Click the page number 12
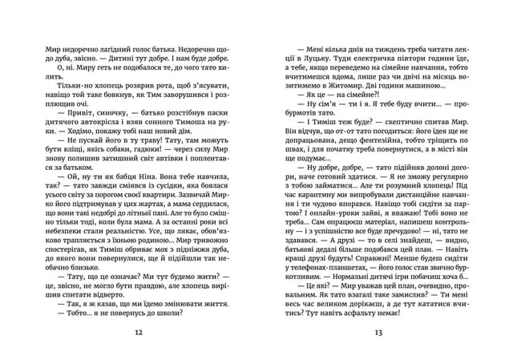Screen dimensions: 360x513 (x=139, y=333)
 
